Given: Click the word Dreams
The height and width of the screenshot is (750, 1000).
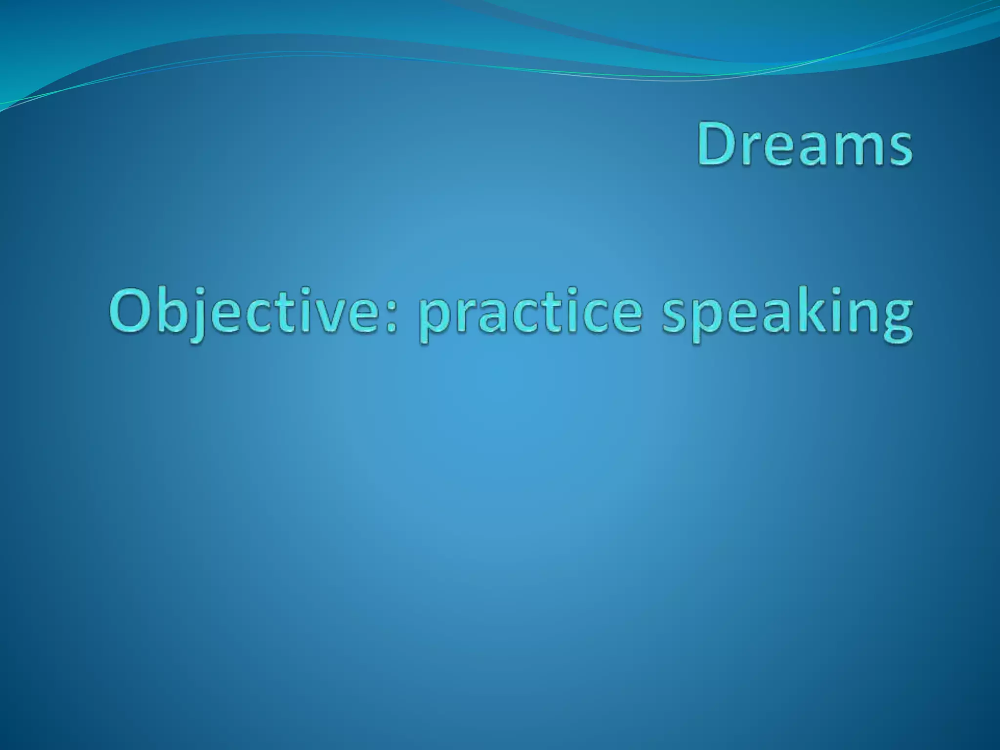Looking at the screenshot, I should click(x=804, y=144).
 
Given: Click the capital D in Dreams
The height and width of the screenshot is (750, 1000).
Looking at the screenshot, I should click(x=718, y=144).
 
